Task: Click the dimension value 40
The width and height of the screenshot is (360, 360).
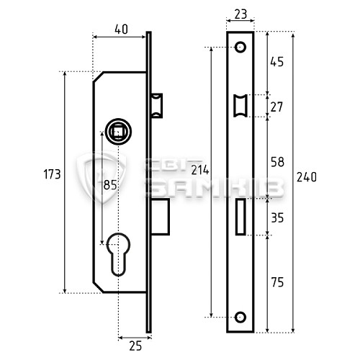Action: (121, 30)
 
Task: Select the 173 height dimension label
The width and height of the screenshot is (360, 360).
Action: (52, 174)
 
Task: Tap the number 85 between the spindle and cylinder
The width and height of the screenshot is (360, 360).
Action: (110, 185)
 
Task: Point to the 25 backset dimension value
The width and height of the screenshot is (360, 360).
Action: (135, 346)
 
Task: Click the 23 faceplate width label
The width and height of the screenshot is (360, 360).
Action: (240, 14)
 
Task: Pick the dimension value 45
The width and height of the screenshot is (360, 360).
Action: (277, 62)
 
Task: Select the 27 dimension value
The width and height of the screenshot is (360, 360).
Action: (276, 107)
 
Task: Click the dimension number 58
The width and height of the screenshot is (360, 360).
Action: (277, 162)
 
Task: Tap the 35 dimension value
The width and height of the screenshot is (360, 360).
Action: (277, 218)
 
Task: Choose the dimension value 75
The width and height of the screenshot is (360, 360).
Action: (277, 282)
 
